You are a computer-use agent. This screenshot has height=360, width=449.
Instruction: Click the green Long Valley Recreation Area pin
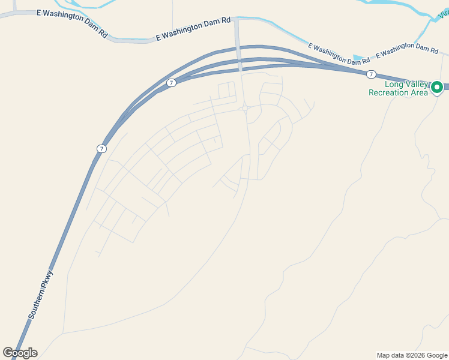[x=437, y=88]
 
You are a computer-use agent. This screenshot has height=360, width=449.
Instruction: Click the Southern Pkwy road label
[x=40, y=295]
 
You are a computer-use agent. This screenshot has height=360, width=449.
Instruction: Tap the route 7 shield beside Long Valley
[x=371, y=74]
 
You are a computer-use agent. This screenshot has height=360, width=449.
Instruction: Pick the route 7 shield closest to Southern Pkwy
[x=101, y=148]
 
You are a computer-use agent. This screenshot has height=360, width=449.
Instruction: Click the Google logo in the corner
[x=20, y=353]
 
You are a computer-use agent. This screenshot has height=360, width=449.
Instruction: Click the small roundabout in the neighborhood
[x=246, y=109]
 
